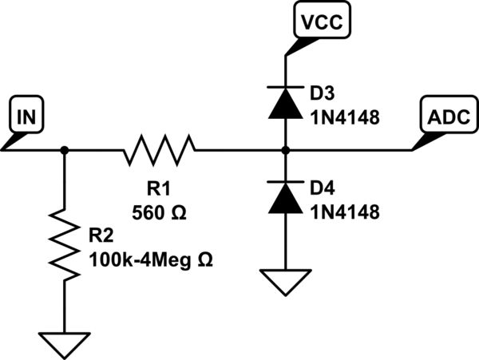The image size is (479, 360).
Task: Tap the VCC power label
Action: tap(322, 22)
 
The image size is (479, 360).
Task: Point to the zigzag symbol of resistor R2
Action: tap(65, 244)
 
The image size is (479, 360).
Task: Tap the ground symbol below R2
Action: tap(65, 344)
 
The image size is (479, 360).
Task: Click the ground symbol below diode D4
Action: tap(286, 280)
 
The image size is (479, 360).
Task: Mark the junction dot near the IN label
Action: tap(65, 149)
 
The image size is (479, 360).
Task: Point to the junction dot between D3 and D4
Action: tap(286, 149)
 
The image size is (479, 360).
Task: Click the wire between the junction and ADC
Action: tap(351, 149)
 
